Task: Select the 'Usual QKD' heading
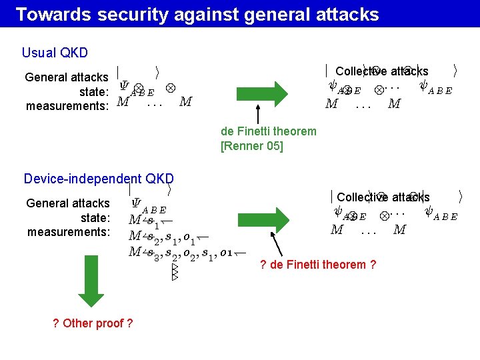click(x=55, y=53)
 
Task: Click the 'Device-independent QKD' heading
click(x=98, y=178)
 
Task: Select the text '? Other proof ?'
click(x=92, y=323)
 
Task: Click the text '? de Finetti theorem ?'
click(x=318, y=265)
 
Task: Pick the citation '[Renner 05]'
click(x=251, y=145)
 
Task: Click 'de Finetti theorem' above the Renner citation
click(x=268, y=131)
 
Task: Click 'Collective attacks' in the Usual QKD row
click(x=382, y=71)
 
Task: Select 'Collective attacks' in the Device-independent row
click(x=383, y=197)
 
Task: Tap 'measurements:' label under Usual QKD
click(x=67, y=106)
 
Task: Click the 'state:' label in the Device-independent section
click(x=95, y=218)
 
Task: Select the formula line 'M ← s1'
click(x=151, y=221)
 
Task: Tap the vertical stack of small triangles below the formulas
click(x=175, y=271)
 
